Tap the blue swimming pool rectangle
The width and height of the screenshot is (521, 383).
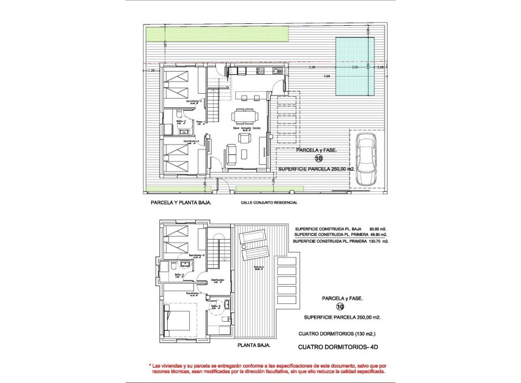tap(355, 66)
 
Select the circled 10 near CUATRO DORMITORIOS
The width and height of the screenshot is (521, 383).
tap(340, 308)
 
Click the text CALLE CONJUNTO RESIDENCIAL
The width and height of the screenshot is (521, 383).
tap(269, 202)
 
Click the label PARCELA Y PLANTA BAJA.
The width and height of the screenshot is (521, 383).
tap(181, 202)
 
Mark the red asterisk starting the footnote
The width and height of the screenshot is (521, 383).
tap(151, 365)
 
